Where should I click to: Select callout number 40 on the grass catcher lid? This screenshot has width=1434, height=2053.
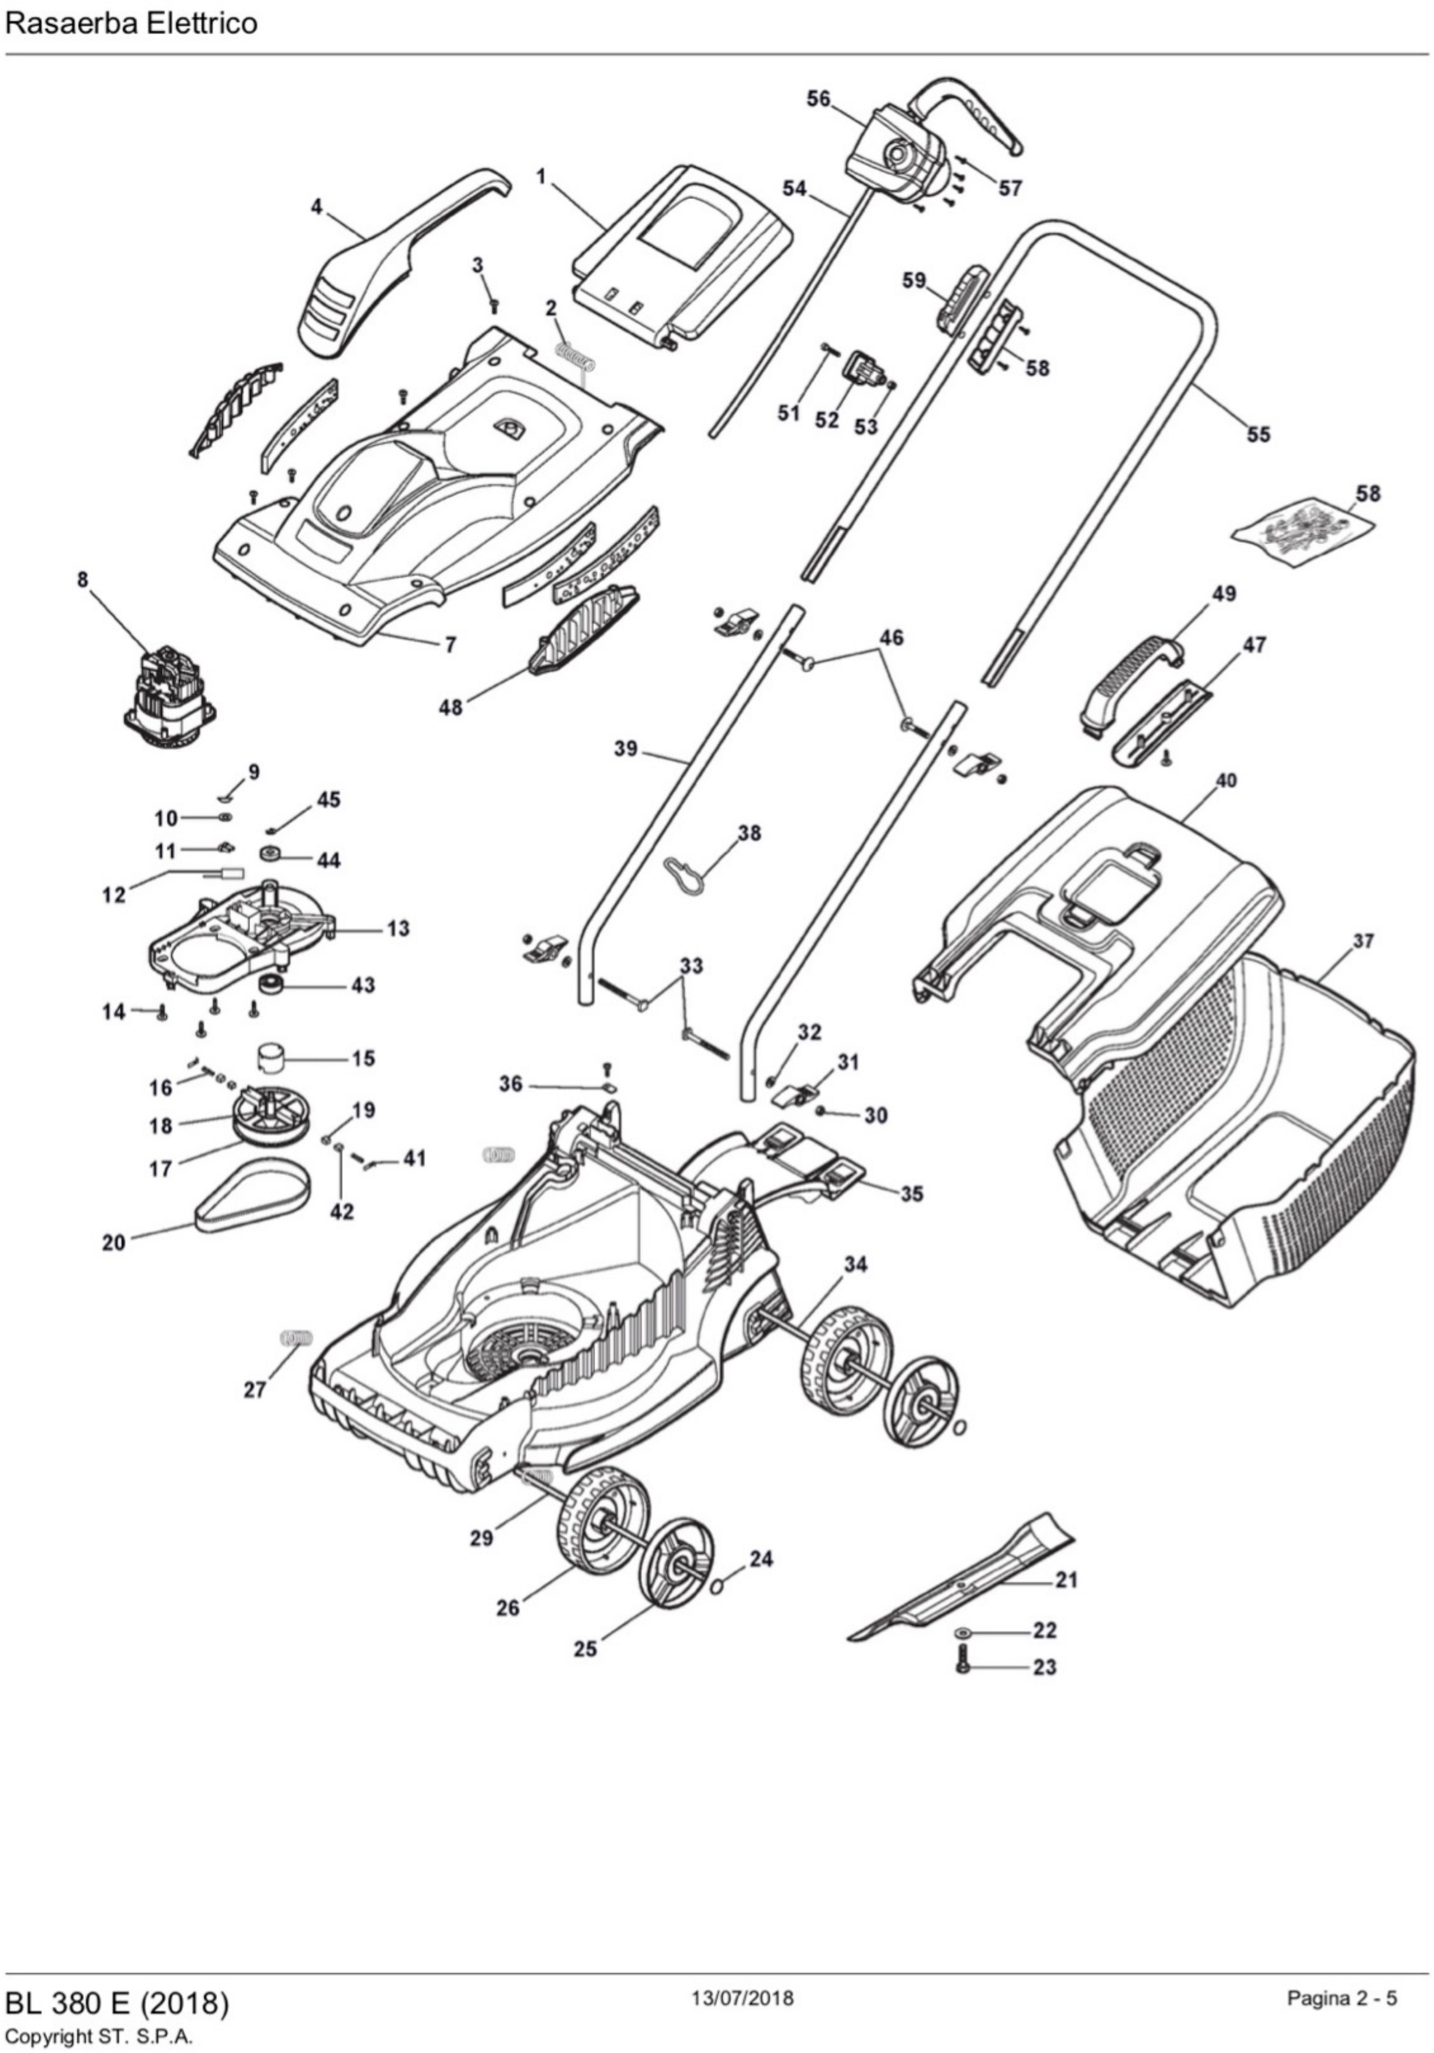tap(1226, 780)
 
